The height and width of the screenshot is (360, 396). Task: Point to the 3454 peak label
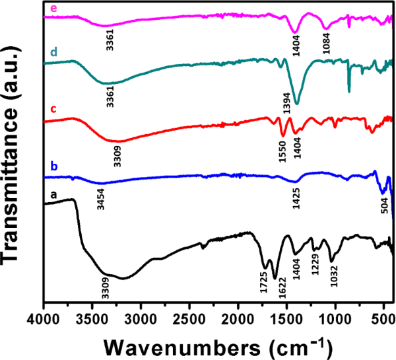click(x=101, y=198)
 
